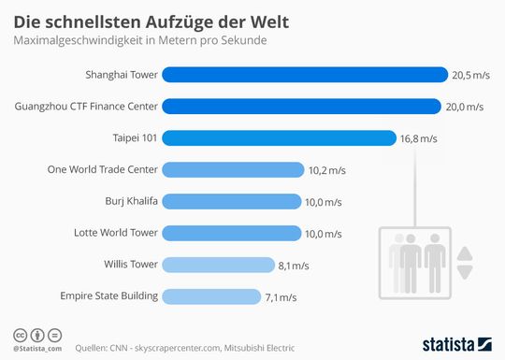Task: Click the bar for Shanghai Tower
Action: (x=305, y=74)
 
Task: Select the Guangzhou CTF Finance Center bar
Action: (x=302, y=106)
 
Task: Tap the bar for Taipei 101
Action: (x=280, y=137)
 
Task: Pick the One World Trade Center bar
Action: (x=234, y=169)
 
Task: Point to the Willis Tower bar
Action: (x=219, y=265)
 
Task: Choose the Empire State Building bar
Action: (x=211, y=296)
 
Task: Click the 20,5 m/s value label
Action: (x=471, y=75)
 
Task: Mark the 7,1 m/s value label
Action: (x=281, y=297)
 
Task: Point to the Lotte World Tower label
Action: (x=116, y=233)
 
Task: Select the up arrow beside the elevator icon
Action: (x=466, y=252)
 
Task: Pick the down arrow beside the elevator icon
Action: (x=466, y=271)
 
